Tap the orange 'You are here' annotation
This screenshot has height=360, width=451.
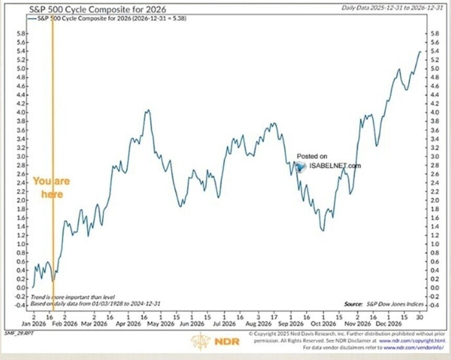[x=51, y=188]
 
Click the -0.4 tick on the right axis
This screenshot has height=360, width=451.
[x=432, y=305]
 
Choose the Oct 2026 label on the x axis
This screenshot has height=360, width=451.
[x=323, y=323]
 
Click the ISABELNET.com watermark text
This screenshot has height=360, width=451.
[x=334, y=166]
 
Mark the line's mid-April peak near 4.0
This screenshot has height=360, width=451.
[x=148, y=111]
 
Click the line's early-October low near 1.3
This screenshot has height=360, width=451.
[x=323, y=230]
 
